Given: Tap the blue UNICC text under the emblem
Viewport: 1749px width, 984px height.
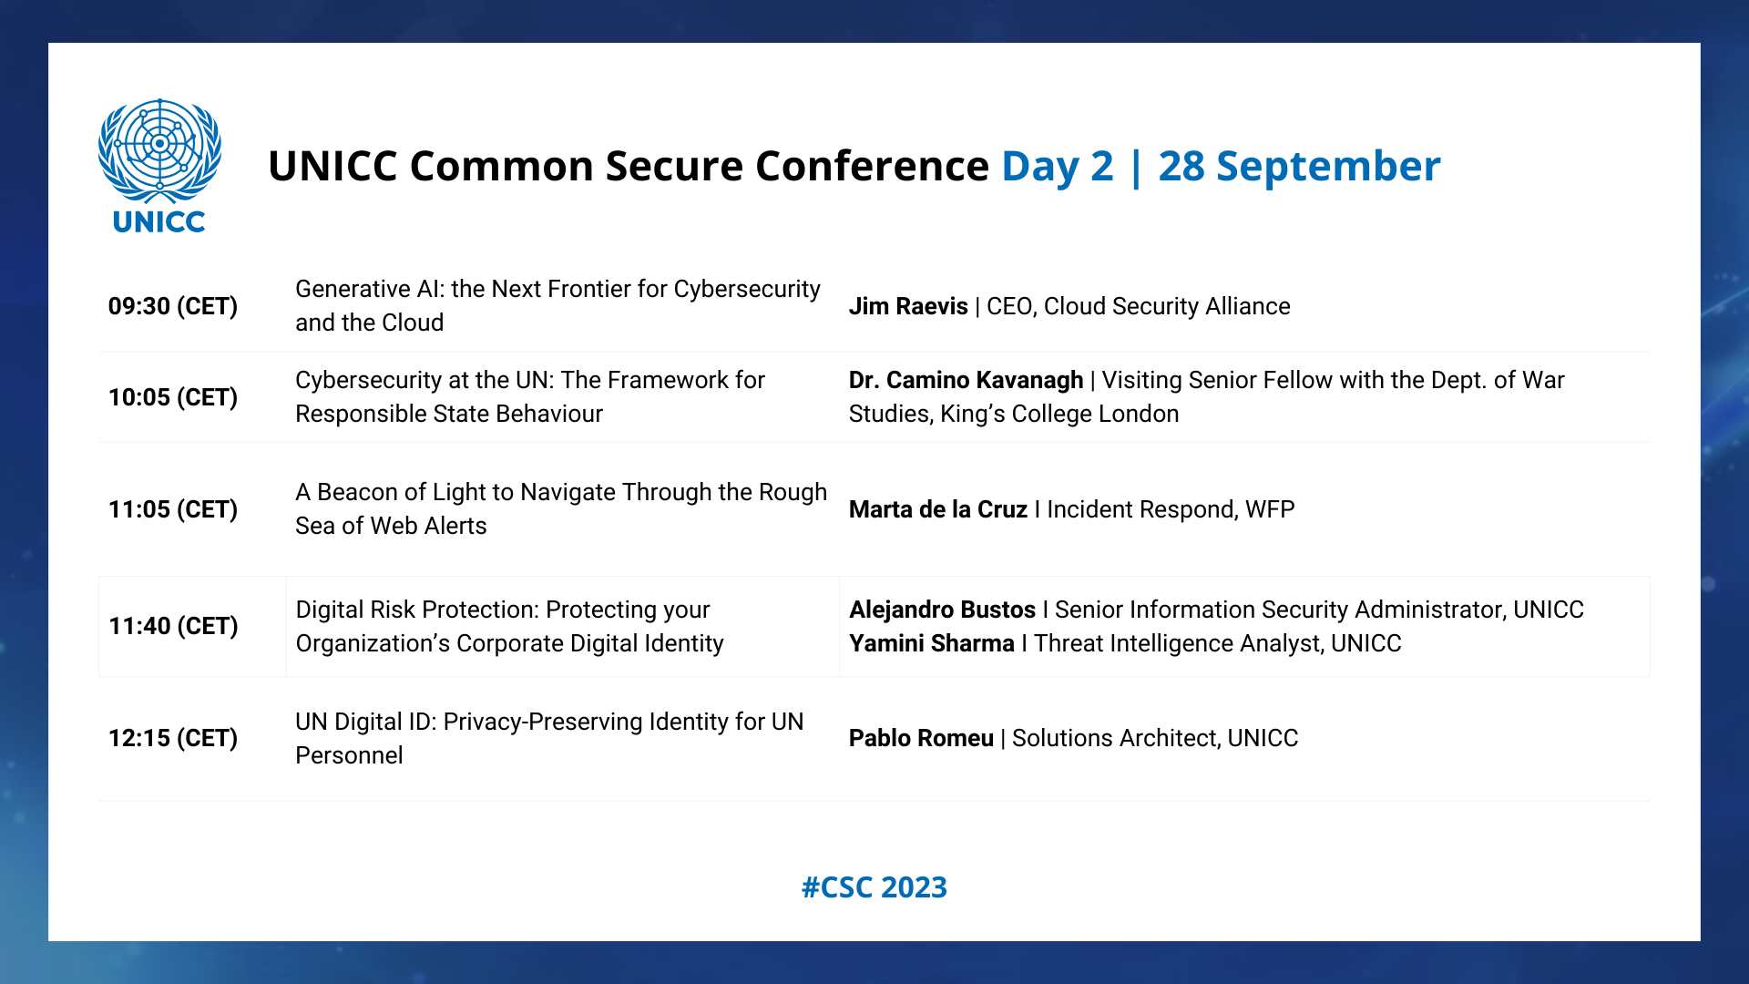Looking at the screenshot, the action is tap(159, 221).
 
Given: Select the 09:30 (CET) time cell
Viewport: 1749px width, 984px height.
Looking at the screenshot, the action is tap(173, 306).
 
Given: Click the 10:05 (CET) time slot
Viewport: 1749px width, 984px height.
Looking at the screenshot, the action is tap(173, 397).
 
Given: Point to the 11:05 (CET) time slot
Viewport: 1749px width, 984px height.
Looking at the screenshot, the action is tap(173, 509).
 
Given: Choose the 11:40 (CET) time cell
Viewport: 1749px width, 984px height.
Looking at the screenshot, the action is tap(173, 626).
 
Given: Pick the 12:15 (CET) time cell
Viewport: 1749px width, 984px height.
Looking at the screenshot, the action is tap(173, 738).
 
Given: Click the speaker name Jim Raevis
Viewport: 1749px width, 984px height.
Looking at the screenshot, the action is tap(908, 306).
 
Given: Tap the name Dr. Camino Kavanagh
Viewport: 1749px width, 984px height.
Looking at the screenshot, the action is tap(967, 380).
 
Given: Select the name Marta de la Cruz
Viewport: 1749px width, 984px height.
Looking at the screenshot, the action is tap(938, 509).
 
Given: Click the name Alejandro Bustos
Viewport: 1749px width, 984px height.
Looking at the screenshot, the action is tap(943, 610).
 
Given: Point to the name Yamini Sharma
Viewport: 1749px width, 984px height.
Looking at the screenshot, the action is tap(932, 643).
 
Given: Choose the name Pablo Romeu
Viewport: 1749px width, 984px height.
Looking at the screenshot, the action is tap(921, 738).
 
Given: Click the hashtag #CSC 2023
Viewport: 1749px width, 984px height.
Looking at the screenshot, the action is tap(874, 887).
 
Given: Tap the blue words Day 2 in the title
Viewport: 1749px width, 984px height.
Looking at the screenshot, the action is tap(1058, 166).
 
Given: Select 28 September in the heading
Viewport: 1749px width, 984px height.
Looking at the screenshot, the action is tap(1300, 166).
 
